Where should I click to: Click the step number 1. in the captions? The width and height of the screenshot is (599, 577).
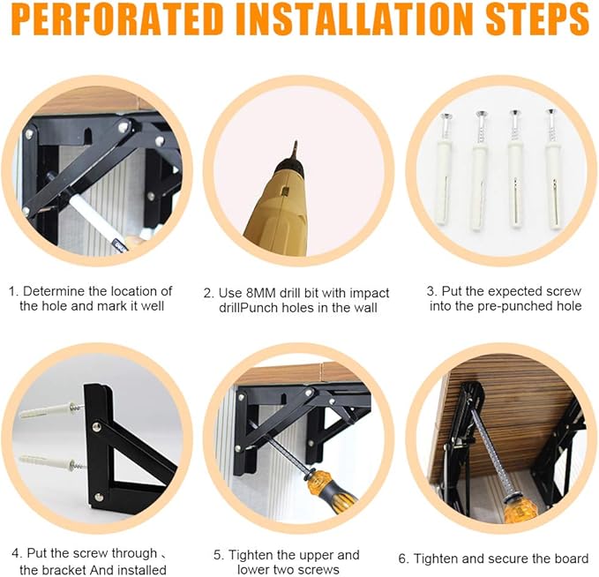pos(14,291)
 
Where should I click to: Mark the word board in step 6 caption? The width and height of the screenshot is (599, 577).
pos(569,558)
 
